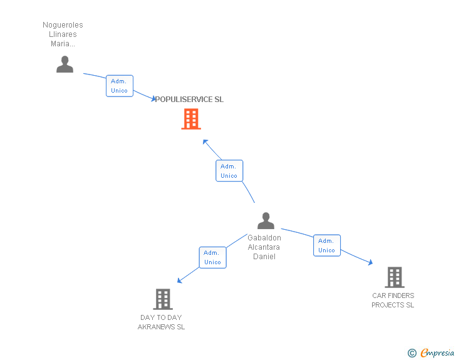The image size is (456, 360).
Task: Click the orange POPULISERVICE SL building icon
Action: point(191,118)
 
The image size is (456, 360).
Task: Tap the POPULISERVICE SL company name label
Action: point(189,100)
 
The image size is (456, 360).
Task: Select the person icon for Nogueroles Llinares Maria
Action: point(65,64)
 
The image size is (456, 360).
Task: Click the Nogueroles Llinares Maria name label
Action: point(63,34)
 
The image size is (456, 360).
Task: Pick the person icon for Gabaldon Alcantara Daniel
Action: point(266,220)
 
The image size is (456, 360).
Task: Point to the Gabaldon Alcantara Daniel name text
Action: point(264,247)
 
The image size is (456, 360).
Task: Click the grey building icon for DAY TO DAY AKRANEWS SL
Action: point(162,299)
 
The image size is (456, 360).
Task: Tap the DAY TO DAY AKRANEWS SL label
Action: point(161,322)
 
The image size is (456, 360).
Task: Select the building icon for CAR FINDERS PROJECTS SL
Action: point(394,277)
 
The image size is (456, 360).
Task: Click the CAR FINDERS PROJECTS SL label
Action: point(393,301)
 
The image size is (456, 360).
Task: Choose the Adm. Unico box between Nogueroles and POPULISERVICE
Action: point(119,86)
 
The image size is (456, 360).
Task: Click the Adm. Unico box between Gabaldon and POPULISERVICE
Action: point(229,171)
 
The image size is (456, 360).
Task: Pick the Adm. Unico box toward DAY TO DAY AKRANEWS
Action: point(212,257)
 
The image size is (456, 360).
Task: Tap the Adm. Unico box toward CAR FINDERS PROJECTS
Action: point(326,245)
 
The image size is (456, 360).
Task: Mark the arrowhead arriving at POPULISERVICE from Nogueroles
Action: point(153,99)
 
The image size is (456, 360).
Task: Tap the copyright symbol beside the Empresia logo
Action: point(412,353)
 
